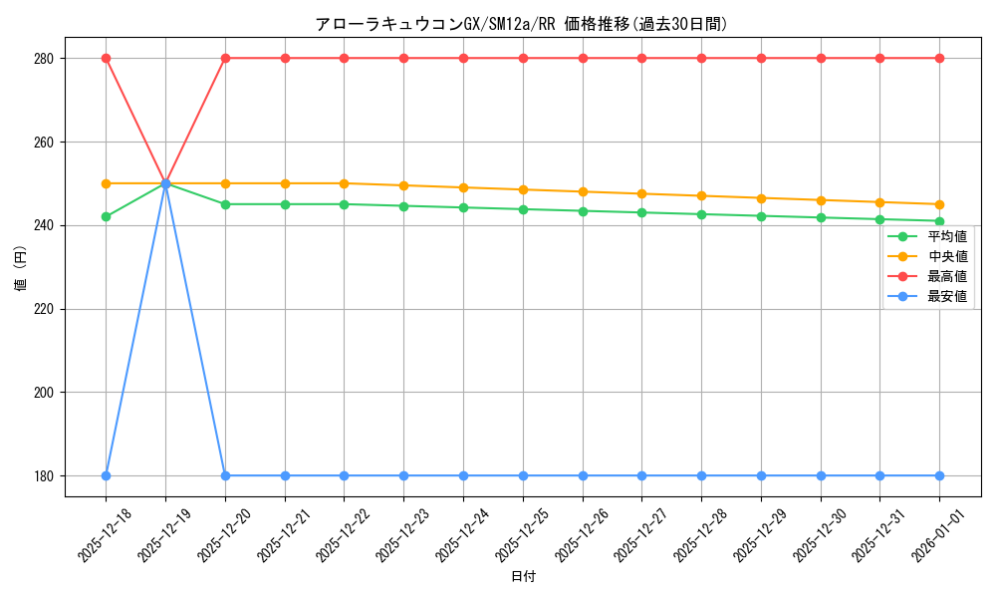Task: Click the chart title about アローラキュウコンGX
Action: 521,24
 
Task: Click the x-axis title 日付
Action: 523,577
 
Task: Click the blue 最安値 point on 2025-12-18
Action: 106,475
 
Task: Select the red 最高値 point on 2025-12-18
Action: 106,59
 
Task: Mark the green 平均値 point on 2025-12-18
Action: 106,216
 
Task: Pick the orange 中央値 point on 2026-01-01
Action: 939,204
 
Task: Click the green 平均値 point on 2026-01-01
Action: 939,221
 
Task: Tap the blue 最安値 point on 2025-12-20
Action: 225,475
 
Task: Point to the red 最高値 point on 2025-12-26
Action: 583,59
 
